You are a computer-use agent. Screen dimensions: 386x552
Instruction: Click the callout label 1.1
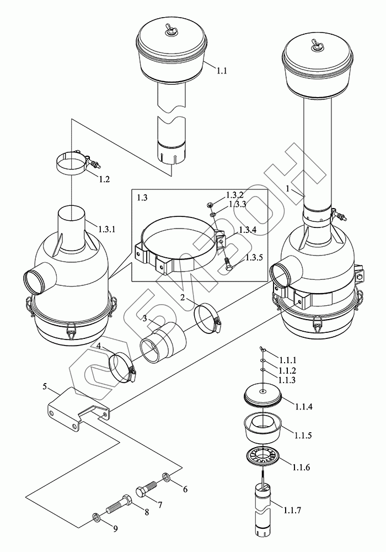[x=222, y=71]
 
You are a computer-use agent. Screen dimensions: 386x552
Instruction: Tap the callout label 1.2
[x=104, y=179]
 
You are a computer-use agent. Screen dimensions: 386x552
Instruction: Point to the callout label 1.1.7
[x=291, y=509]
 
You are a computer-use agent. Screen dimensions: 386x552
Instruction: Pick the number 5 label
[x=44, y=386]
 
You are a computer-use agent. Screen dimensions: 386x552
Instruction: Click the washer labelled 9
[x=95, y=518]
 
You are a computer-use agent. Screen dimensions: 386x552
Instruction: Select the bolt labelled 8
[x=119, y=504]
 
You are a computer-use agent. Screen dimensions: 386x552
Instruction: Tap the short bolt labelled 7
[x=146, y=489]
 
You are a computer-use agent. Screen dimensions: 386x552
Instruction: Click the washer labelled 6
[x=166, y=477]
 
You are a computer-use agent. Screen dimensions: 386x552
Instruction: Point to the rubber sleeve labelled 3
[x=163, y=344]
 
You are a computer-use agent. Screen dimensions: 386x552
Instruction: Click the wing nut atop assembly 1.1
[x=169, y=32]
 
